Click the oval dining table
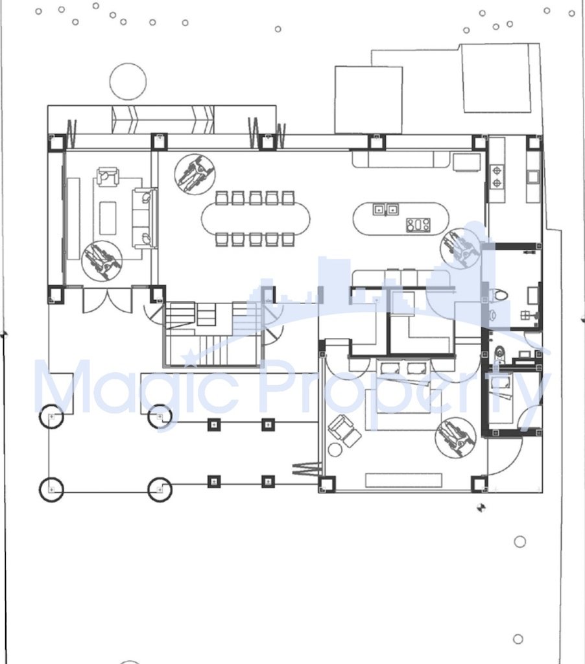(256, 219)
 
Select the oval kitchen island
(400, 219)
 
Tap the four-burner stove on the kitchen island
(418, 225)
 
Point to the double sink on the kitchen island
(385, 209)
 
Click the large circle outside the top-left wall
(128, 82)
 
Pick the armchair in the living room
(107, 176)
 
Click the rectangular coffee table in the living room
(108, 218)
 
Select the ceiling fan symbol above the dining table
(195, 174)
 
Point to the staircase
(213, 334)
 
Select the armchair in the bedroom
(344, 431)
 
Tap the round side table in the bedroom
(335, 450)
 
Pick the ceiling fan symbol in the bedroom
(455, 437)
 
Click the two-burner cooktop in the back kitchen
(497, 177)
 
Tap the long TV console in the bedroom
(403, 480)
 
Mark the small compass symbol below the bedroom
(481, 507)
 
